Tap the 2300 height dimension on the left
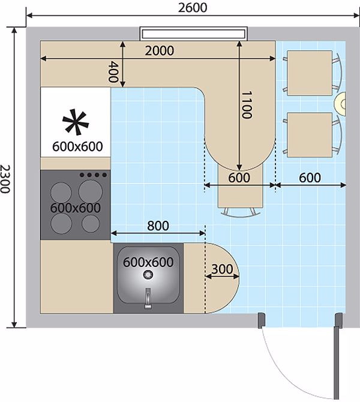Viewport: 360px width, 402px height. coord(7,179)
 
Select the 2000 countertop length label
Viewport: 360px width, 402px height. coord(160,50)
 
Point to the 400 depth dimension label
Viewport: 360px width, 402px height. coord(114,72)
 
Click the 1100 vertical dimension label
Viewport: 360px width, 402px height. coord(246,105)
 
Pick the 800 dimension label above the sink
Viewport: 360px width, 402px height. coord(158,226)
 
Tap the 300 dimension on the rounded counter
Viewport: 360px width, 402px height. coord(222,269)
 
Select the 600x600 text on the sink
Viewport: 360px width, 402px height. coord(148,262)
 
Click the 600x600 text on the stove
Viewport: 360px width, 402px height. coord(75,207)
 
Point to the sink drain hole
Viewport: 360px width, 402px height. coord(148,274)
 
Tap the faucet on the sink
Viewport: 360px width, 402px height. coord(148,298)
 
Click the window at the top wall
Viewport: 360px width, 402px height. coord(194,32)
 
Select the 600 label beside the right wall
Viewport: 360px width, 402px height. coord(310,178)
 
